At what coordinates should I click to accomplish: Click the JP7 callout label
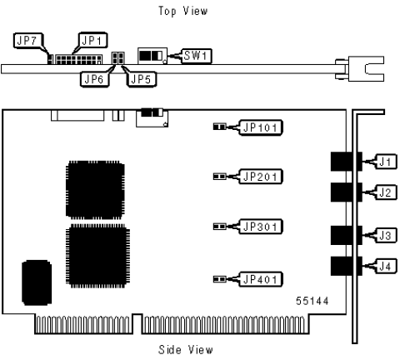[x=28, y=41]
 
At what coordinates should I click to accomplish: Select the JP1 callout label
[x=92, y=40]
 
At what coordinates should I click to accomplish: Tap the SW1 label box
[x=197, y=56]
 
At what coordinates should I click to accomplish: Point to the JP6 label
[x=94, y=79]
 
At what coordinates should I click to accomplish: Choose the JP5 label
[x=142, y=79]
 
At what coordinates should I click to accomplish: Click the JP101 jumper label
[x=261, y=127]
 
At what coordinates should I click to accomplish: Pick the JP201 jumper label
[x=261, y=177]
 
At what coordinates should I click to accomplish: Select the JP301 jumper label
[x=261, y=227]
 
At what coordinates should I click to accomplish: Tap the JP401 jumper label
[x=261, y=279]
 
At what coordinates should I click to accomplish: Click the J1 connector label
[x=386, y=162]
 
